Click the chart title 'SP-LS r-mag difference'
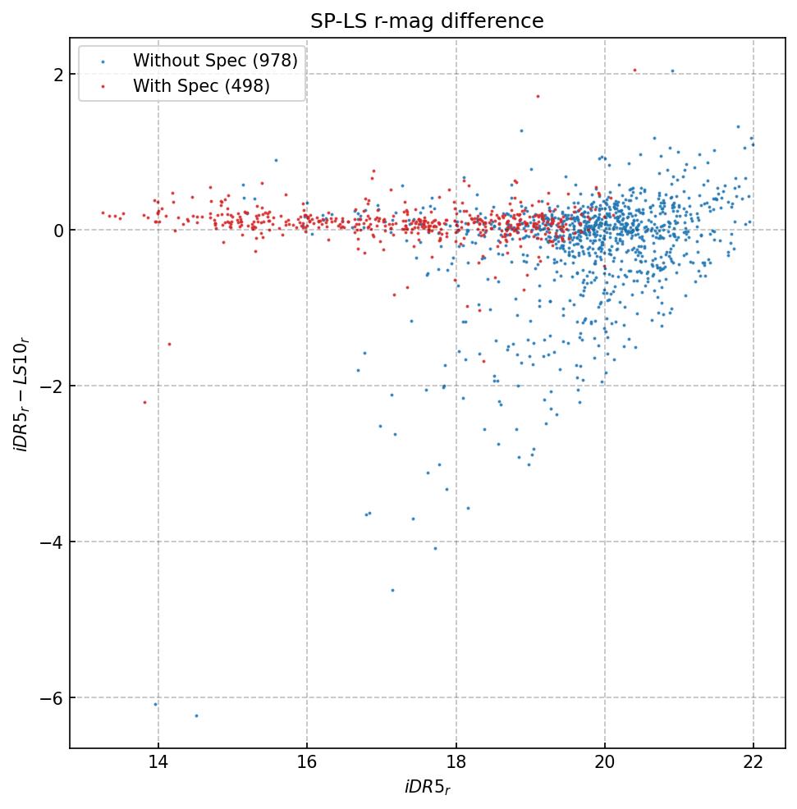[x=427, y=21]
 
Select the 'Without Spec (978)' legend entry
[x=215, y=60]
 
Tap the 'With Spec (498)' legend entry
[x=201, y=86]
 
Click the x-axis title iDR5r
[x=427, y=788]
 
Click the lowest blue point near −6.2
[x=196, y=715]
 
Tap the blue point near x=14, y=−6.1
[x=155, y=704]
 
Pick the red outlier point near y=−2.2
[x=144, y=402]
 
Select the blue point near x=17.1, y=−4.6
[x=392, y=590]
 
